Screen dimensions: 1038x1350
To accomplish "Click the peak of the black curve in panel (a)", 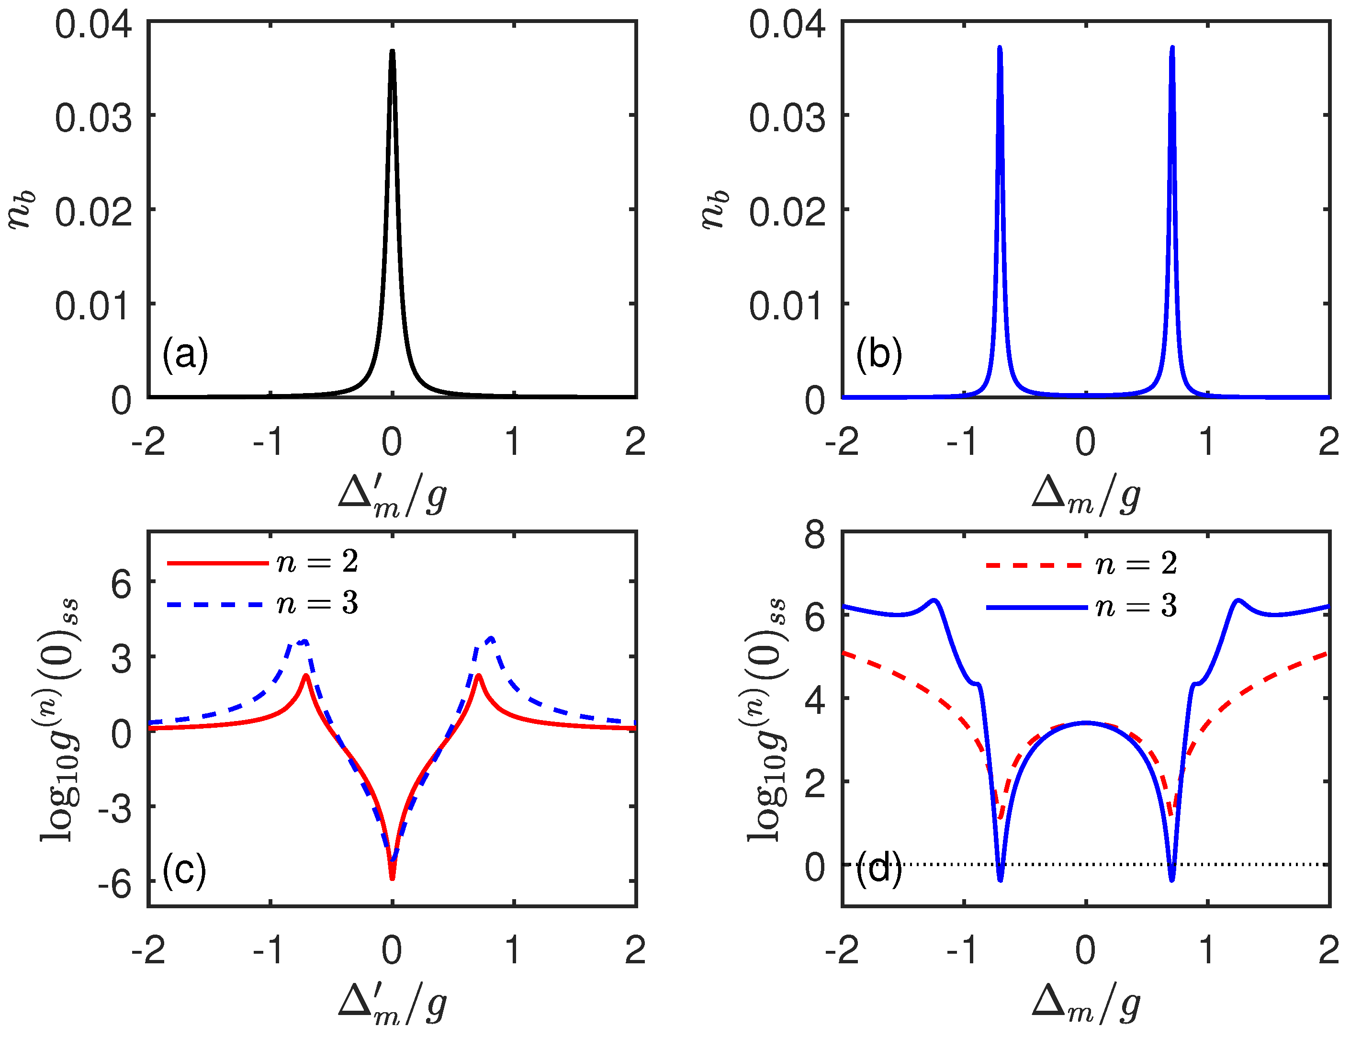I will click(392, 52).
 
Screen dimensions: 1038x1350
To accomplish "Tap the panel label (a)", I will click(185, 355).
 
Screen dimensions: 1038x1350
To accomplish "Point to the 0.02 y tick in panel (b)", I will click(787, 213).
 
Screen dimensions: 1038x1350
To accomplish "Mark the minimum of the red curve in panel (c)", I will click(392, 877).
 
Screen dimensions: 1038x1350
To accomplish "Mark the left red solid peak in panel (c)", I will click(306, 676).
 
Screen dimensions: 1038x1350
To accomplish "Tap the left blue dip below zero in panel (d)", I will click(1000, 879).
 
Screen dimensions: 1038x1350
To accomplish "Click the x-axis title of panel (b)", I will click(1086, 494).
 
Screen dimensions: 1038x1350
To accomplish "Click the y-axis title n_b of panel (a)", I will click(22, 210).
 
